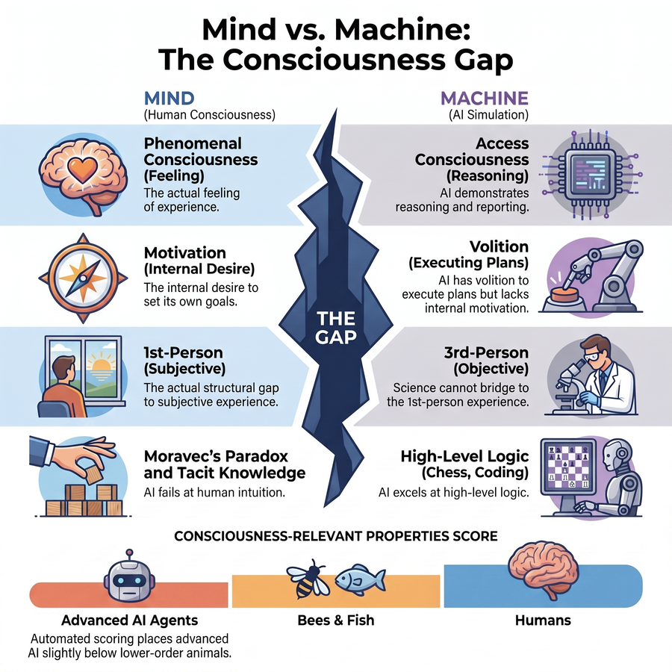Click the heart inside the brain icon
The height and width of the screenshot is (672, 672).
pos(82,169)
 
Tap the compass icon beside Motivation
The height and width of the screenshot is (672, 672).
pos(83,279)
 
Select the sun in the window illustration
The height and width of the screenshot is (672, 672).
pos(101,365)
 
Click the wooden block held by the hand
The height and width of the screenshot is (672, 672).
pos(93,476)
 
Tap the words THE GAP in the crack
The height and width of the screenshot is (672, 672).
pos(336,328)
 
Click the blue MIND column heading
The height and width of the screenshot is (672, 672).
pos(169,98)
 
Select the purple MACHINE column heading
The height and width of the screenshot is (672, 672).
pos(485,98)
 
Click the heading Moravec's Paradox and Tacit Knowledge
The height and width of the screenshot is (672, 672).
pos(225,464)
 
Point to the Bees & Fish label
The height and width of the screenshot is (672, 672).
pos(336,620)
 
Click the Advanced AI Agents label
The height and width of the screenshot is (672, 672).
pos(129,620)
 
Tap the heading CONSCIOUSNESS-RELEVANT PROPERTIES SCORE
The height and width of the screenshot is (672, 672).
pos(336,536)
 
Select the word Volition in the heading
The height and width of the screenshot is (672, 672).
pos(499,246)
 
